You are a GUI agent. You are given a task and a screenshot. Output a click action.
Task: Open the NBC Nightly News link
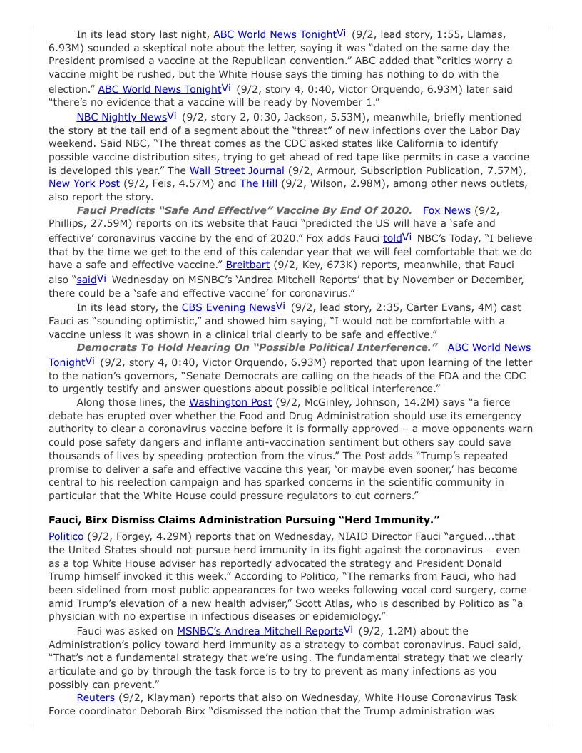121,117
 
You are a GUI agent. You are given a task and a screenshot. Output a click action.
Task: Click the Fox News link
446,210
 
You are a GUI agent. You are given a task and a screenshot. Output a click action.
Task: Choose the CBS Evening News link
228,307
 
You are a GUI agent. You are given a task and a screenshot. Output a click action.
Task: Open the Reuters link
96,697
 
